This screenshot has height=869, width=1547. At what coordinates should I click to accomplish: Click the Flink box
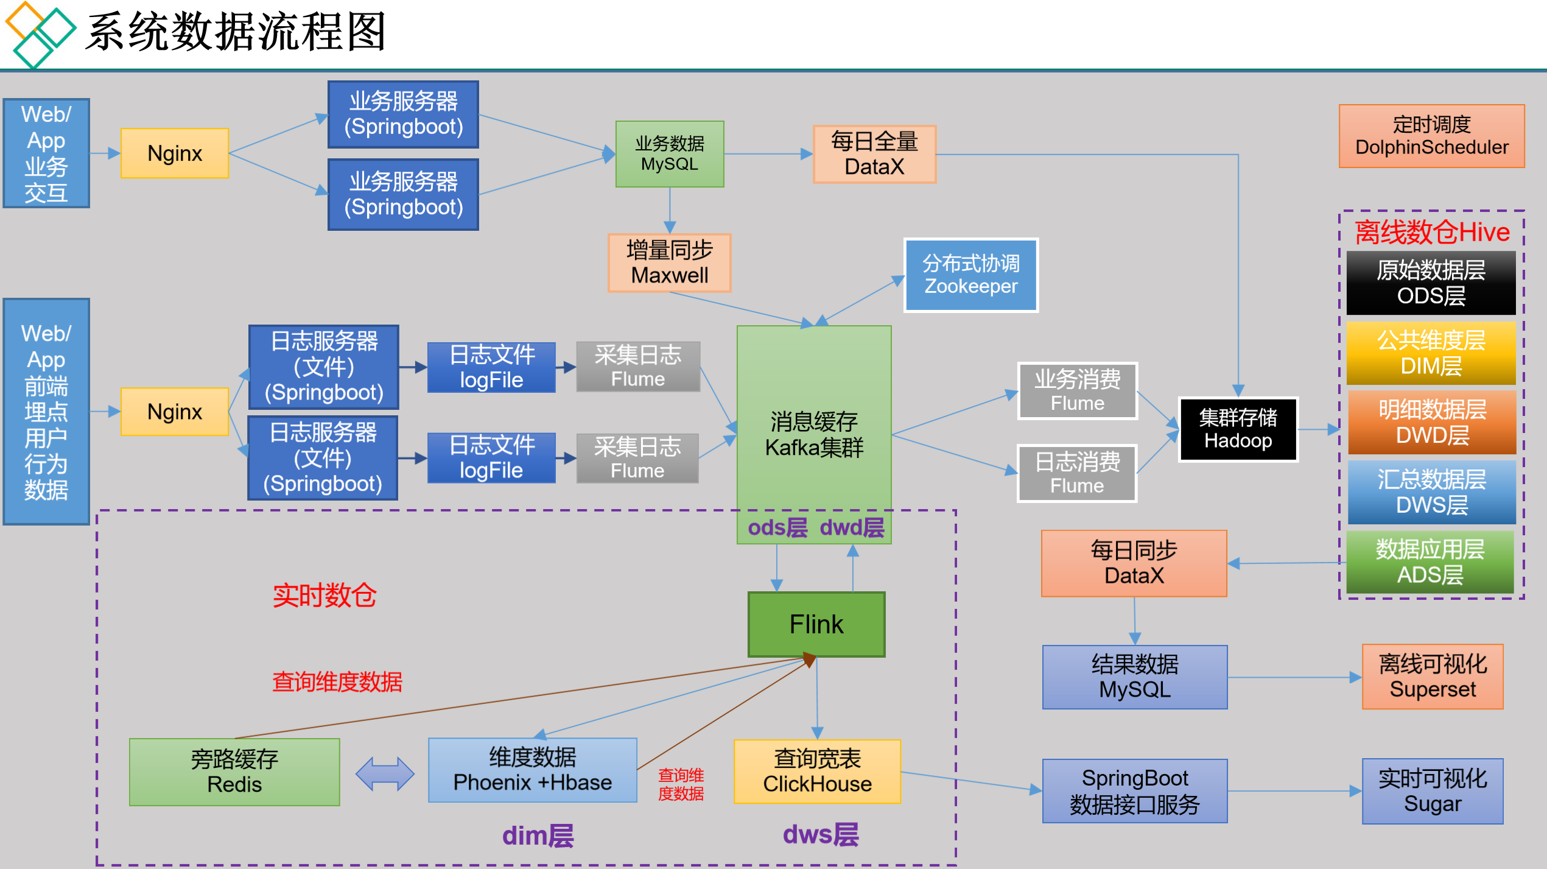[x=816, y=624]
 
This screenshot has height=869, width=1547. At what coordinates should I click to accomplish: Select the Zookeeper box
[x=970, y=275]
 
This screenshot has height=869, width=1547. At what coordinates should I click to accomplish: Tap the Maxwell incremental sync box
[x=669, y=263]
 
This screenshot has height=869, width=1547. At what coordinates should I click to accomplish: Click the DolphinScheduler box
[x=1431, y=136]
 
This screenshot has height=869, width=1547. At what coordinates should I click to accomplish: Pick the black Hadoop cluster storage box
[x=1238, y=429]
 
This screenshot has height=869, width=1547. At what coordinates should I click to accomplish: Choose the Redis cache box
[x=234, y=772]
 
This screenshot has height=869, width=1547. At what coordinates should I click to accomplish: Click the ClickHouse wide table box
[x=817, y=772]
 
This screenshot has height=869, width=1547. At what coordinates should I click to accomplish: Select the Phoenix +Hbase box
[x=532, y=770]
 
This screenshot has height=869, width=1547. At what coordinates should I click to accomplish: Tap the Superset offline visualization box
[x=1432, y=677]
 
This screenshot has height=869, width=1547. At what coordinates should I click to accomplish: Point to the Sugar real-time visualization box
[x=1432, y=791]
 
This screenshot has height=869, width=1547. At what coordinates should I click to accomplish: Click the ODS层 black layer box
[x=1431, y=283]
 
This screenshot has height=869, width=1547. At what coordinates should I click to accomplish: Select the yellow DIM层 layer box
[x=1431, y=353]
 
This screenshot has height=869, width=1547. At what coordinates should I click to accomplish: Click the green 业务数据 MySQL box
[x=669, y=154]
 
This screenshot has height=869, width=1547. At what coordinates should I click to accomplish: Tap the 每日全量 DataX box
[x=874, y=154]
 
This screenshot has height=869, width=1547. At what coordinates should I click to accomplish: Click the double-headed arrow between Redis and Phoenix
[x=385, y=774]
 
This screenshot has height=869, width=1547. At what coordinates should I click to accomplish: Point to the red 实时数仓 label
[x=324, y=595]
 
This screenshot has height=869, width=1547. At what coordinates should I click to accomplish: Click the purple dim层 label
[x=538, y=836]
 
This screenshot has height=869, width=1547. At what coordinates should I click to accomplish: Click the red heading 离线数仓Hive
[x=1432, y=232]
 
